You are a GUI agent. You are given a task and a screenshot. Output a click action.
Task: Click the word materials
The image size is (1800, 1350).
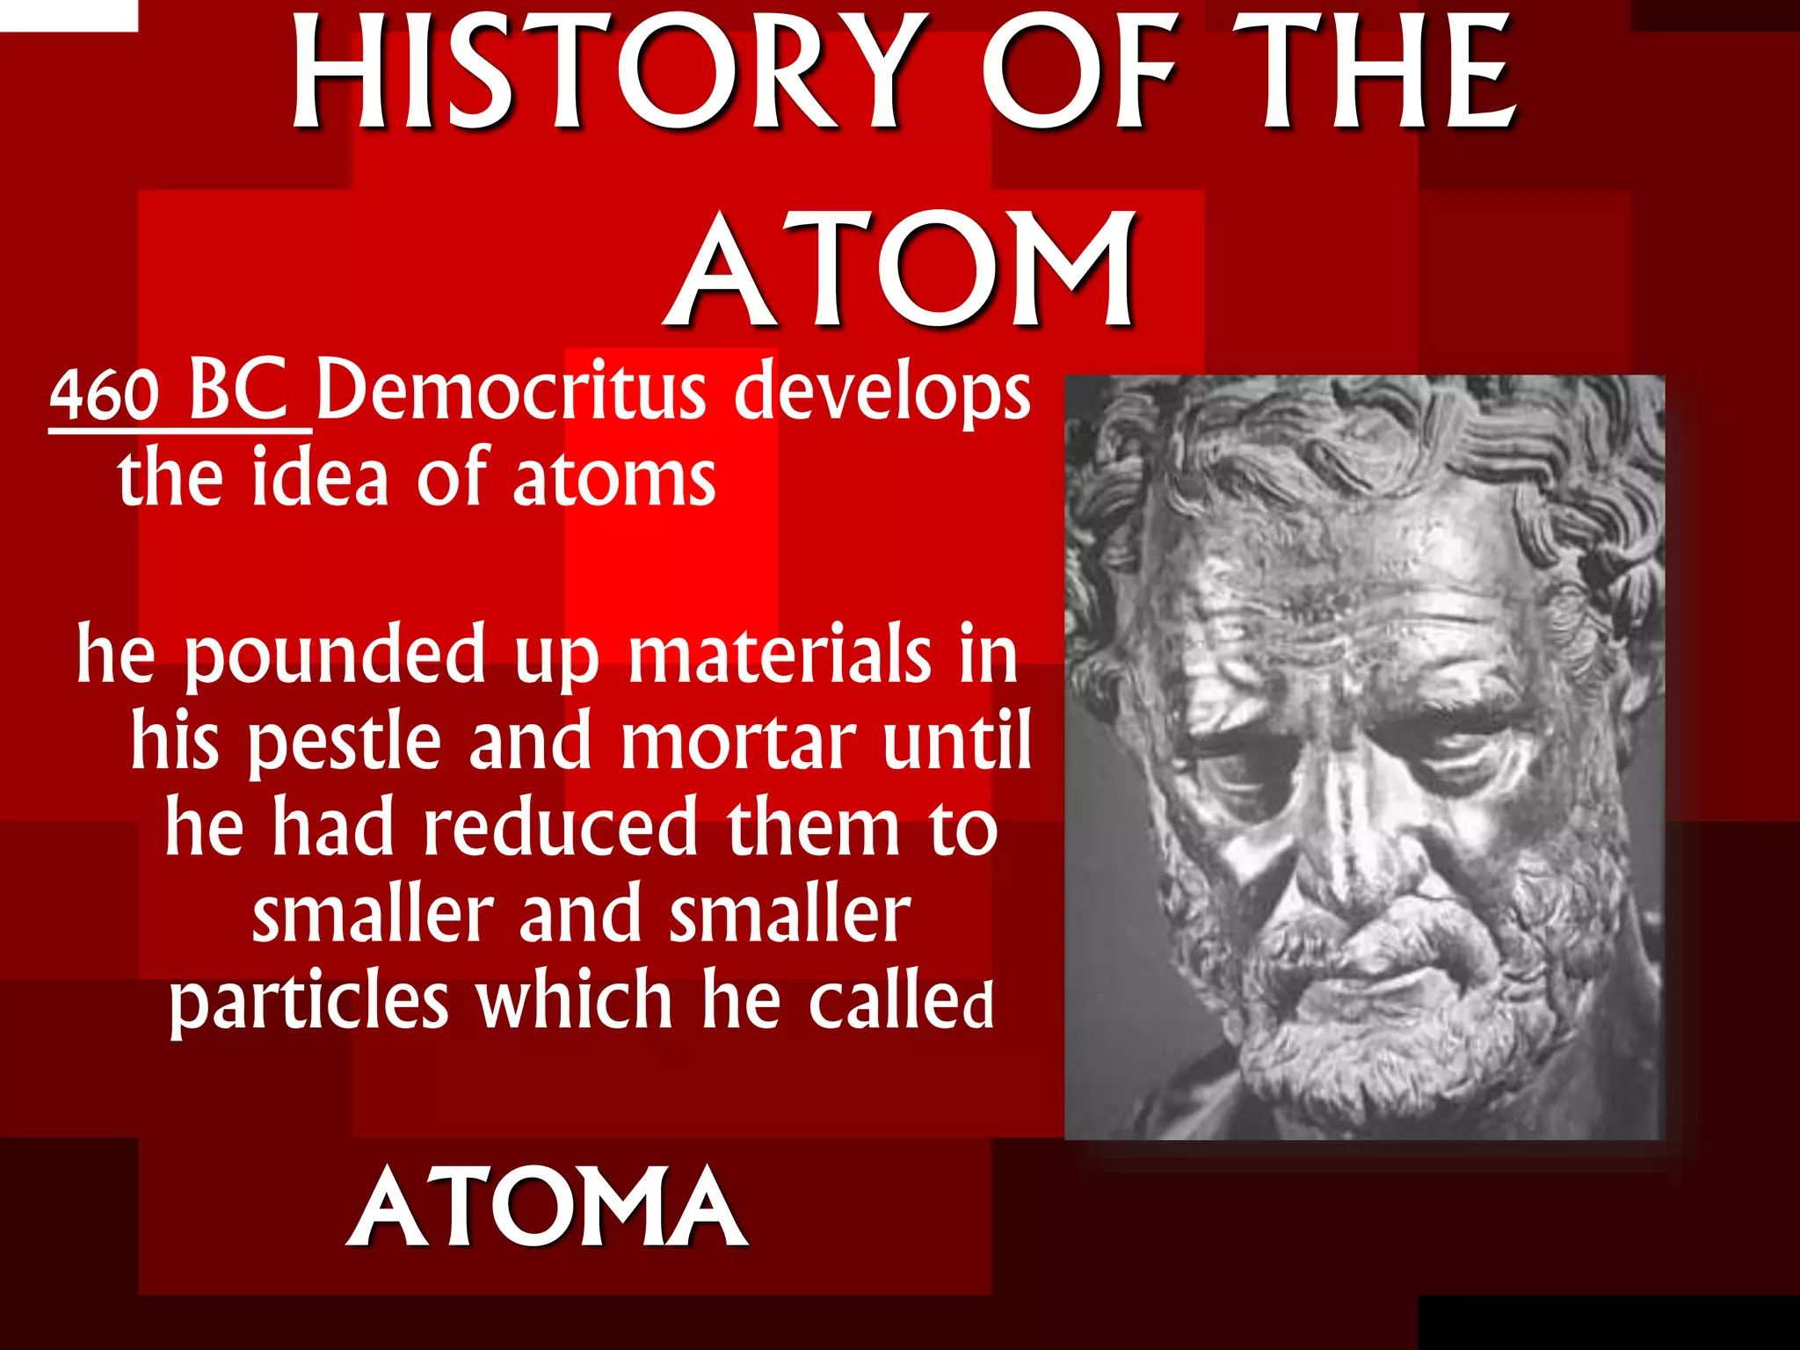(779, 653)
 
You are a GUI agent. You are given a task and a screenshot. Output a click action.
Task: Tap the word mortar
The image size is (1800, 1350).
(738, 741)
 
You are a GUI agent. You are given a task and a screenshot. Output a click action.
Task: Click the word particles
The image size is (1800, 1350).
(308, 1001)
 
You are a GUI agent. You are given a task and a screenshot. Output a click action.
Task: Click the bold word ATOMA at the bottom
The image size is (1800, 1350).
(547, 1208)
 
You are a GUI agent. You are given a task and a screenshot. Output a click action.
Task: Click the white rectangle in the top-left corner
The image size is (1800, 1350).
(69, 15)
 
